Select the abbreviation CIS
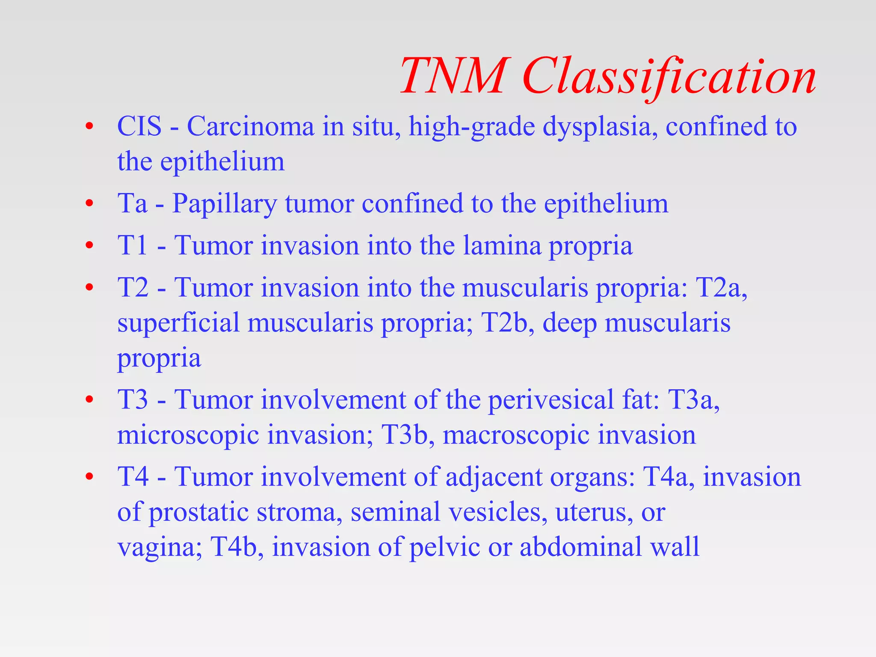pos(139,127)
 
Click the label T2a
pos(721,287)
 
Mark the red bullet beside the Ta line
pos(89,204)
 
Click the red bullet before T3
pos(89,400)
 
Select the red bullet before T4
pos(89,477)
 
